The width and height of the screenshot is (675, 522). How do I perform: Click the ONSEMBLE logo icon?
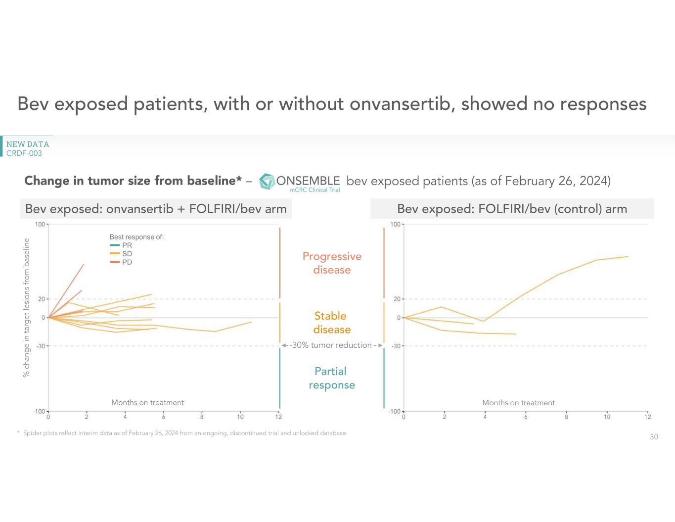pyautogui.click(x=267, y=182)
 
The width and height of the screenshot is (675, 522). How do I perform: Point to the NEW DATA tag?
pyautogui.click(x=28, y=144)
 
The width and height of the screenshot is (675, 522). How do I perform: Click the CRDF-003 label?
pyautogui.click(x=24, y=153)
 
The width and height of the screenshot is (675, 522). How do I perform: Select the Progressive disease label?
pyautogui.click(x=332, y=263)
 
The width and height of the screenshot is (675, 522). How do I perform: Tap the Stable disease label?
pyautogui.click(x=331, y=323)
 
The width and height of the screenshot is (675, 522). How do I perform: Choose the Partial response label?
pyautogui.click(x=331, y=378)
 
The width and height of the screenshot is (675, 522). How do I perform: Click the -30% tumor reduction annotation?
pyautogui.click(x=331, y=345)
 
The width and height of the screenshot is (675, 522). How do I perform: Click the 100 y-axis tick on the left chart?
pyautogui.click(x=40, y=225)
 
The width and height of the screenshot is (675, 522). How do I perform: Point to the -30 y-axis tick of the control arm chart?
pyautogui.click(x=396, y=346)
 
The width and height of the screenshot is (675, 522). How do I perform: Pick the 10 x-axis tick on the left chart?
pyautogui.click(x=240, y=417)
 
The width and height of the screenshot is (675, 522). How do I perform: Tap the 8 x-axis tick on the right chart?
pyautogui.click(x=566, y=417)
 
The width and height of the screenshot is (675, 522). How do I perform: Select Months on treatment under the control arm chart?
pyautogui.click(x=518, y=403)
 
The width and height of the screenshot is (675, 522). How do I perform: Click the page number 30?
pyautogui.click(x=654, y=437)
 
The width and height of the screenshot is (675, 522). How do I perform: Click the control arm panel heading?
pyautogui.click(x=512, y=209)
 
